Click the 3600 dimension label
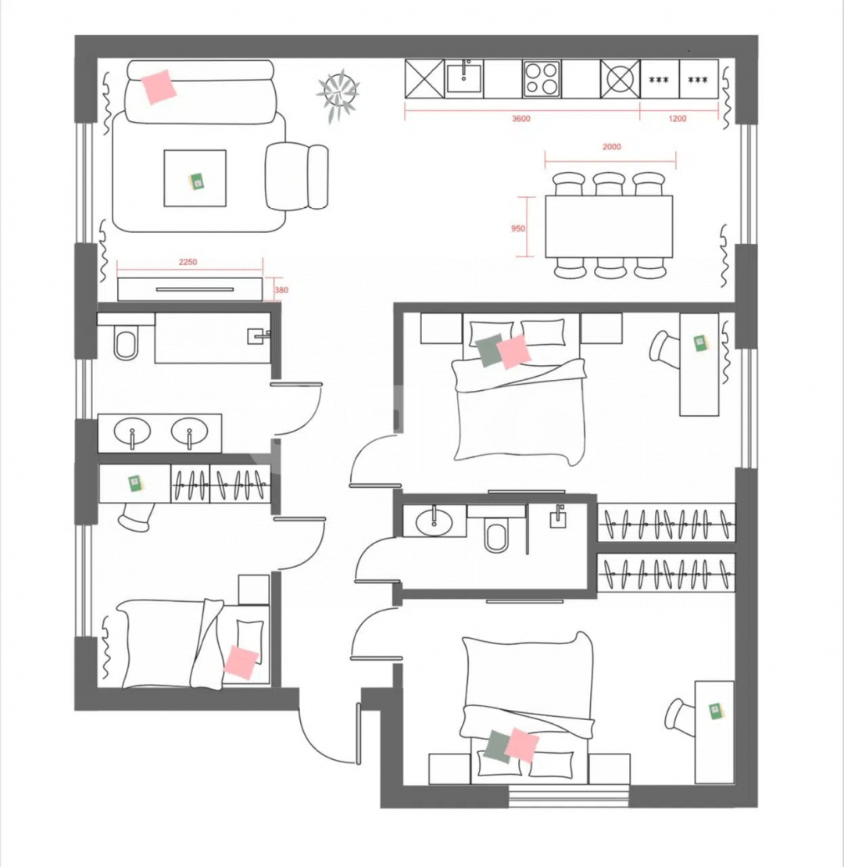coord(520,118)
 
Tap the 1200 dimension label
coord(677,118)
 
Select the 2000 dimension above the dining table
coord(611,146)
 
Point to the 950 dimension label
coord(518,228)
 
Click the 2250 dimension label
coord(188,262)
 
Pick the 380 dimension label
coord(281,290)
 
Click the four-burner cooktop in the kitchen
coord(542,79)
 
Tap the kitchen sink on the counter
coord(463,78)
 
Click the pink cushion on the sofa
coord(159,86)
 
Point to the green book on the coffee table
coord(197,181)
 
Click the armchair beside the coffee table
coord(296,177)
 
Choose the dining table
coord(609,226)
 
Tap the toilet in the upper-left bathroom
coord(126,343)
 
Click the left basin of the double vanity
coord(132,431)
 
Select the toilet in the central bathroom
coord(495,536)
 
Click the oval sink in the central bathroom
coord(434,521)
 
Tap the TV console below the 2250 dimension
coord(190,289)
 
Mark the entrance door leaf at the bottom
coord(359,734)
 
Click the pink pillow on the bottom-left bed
coord(241,662)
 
